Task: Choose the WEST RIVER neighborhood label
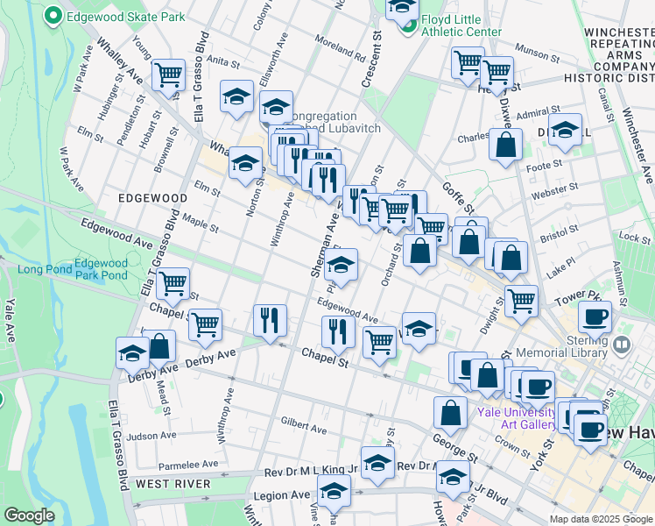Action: (x=173, y=483)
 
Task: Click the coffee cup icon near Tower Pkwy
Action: (x=595, y=316)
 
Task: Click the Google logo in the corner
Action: (x=30, y=515)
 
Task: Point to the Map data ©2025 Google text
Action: (x=601, y=519)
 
